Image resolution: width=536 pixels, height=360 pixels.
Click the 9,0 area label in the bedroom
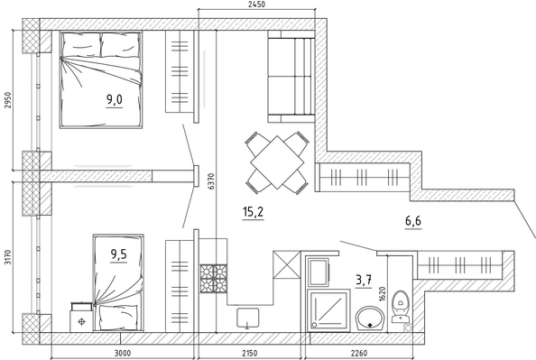click(x=115, y=100)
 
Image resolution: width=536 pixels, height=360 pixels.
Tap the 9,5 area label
click(x=118, y=254)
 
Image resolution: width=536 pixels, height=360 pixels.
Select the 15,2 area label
click(x=253, y=212)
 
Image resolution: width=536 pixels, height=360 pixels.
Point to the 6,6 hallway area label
click(x=413, y=222)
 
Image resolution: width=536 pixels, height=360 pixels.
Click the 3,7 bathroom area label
click(x=364, y=281)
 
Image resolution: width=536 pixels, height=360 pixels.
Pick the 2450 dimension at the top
click(x=255, y=5)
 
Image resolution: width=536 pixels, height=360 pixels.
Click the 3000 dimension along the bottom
click(x=122, y=353)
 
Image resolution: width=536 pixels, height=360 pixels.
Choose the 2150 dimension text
click(x=250, y=353)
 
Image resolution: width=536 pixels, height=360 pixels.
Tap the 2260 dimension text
click(x=358, y=353)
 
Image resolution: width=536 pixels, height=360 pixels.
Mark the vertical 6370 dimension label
click(x=212, y=181)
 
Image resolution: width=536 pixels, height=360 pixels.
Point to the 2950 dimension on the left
click(x=7, y=100)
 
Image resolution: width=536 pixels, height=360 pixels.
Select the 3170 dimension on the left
click(x=7, y=257)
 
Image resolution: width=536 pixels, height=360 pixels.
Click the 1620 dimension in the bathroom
click(x=383, y=293)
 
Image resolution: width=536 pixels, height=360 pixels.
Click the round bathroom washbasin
click(x=370, y=318)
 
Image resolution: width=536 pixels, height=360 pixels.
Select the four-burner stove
click(x=213, y=278)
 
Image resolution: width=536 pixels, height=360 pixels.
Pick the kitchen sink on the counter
click(x=247, y=318)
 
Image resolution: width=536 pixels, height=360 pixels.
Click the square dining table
click(x=277, y=162)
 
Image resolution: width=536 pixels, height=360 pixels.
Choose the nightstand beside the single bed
click(x=81, y=317)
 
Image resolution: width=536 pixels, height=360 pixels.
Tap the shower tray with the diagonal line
click(x=328, y=310)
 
